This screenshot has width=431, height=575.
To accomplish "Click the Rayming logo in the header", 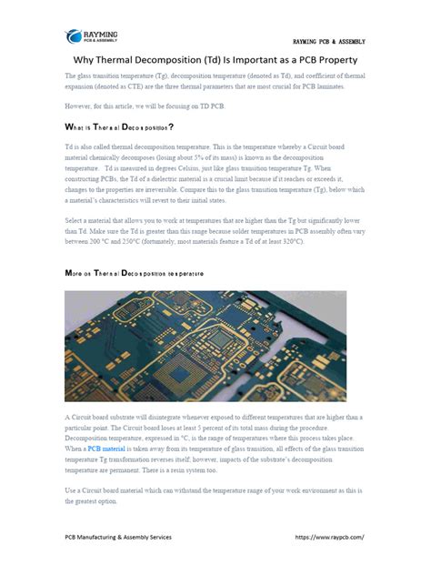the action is click(91, 36).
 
